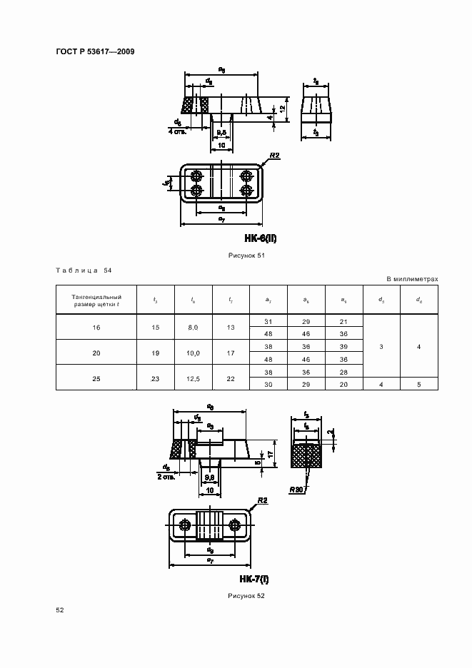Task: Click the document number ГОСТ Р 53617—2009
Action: [95, 52]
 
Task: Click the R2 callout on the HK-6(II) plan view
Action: [275, 155]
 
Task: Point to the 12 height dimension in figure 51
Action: [283, 108]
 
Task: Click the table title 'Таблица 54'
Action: [83, 270]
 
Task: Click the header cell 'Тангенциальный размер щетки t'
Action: [96, 300]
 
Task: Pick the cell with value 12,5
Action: [193, 378]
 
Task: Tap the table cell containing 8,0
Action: [193, 327]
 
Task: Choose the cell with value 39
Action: [344, 346]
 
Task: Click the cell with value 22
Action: [230, 378]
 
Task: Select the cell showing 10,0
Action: [193, 353]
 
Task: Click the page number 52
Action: [61, 610]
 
